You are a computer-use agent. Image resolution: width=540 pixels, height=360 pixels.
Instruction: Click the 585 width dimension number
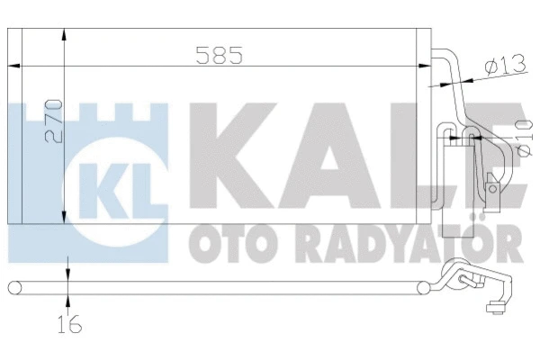(220, 56)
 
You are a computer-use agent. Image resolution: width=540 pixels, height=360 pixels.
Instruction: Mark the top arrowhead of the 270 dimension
(62, 34)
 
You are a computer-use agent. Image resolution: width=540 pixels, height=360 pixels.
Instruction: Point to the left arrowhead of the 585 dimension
(13, 65)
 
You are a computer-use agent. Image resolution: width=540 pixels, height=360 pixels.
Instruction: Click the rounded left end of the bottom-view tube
(12, 288)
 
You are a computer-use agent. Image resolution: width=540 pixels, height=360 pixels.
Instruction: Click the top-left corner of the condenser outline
(8, 29)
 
